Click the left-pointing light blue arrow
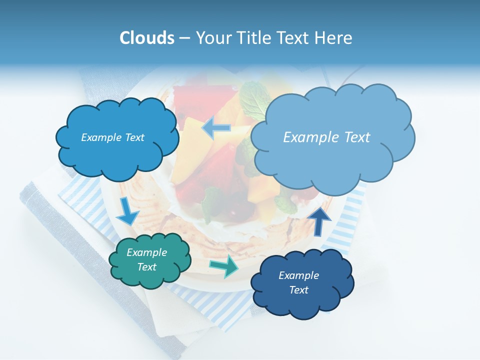click(216, 128)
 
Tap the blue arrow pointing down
click(127, 211)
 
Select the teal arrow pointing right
click(224, 266)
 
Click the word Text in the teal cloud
click(147, 267)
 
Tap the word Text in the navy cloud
click(298, 290)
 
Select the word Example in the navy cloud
click(298, 275)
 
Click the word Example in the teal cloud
click(146, 252)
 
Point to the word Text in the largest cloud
click(353, 137)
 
